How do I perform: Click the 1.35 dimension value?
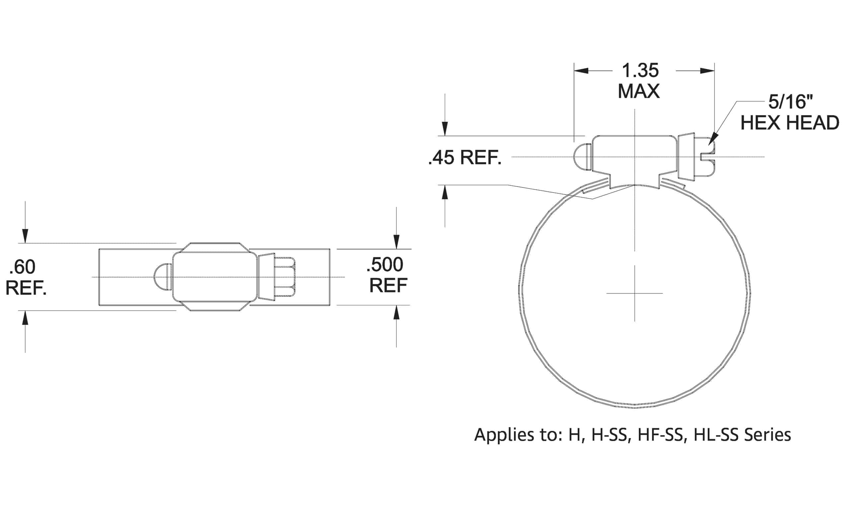(x=640, y=71)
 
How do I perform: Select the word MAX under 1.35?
(x=639, y=91)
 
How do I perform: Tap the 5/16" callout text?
(x=790, y=101)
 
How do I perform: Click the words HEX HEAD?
(x=790, y=123)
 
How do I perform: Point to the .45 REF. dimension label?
(x=465, y=158)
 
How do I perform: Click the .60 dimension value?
(x=22, y=267)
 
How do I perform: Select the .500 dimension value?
(x=385, y=265)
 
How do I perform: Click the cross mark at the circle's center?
(x=635, y=293)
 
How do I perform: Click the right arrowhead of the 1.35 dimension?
(x=708, y=71)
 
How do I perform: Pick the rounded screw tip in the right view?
(x=582, y=157)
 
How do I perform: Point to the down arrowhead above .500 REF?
(x=397, y=242)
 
